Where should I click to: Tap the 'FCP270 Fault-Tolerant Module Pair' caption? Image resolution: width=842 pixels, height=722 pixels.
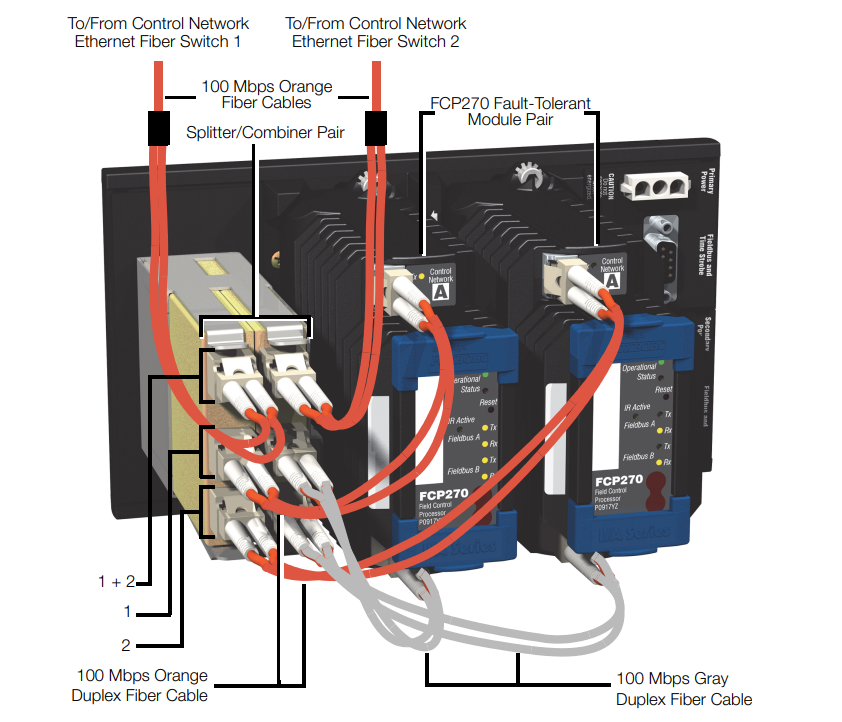510,111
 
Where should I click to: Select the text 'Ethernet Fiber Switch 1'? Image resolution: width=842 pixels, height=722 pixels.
158,41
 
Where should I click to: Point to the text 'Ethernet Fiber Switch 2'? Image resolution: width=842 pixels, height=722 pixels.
376,41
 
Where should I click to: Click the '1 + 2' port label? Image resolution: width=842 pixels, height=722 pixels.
116,580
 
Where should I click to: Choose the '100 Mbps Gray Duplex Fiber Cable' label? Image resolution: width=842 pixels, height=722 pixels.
683,689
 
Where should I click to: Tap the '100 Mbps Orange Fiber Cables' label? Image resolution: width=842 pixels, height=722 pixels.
267,95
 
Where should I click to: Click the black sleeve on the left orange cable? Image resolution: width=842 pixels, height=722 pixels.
158,128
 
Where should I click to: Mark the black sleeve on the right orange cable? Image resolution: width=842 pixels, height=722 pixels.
376,127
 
